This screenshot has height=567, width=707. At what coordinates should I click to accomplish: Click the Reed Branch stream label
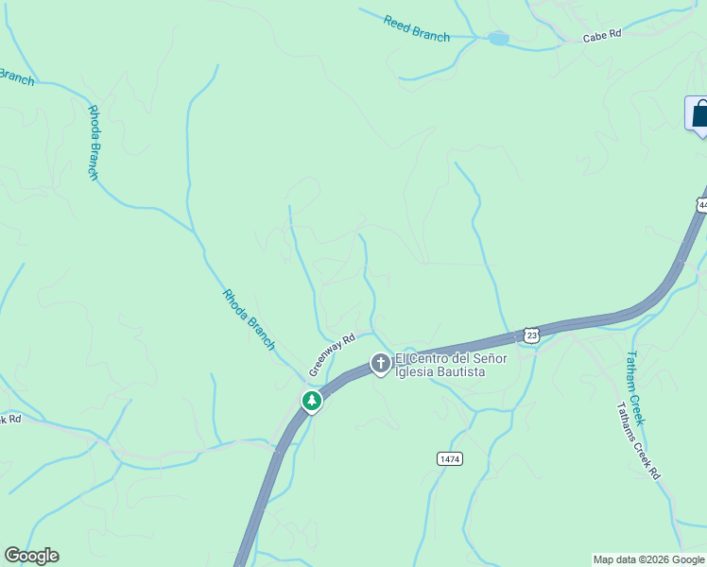(x=417, y=27)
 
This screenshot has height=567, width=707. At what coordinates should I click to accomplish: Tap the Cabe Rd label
(x=602, y=35)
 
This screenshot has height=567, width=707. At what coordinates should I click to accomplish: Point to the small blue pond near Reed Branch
(x=498, y=40)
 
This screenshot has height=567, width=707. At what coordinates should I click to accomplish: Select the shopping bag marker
(x=699, y=114)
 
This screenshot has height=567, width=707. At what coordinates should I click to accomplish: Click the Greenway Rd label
(x=331, y=352)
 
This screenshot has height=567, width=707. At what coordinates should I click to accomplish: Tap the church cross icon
(x=380, y=364)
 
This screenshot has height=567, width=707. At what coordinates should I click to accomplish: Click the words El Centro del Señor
(x=451, y=359)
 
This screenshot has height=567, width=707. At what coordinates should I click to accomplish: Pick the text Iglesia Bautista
(x=440, y=372)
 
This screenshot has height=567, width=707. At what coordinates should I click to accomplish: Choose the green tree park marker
(x=311, y=402)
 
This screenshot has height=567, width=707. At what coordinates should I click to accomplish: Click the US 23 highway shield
(x=532, y=335)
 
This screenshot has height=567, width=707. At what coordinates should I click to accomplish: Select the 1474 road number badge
(x=450, y=458)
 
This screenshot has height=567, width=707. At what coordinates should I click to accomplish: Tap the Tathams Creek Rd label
(x=638, y=441)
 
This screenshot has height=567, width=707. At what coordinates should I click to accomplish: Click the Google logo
(x=31, y=556)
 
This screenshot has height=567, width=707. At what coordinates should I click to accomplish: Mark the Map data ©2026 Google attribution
(x=649, y=559)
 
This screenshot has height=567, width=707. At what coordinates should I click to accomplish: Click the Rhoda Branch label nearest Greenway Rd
(x=249, y=319)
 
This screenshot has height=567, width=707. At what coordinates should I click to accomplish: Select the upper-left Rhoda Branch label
(x=94, y=142)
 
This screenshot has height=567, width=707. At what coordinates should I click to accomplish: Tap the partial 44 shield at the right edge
(x=701, y=203)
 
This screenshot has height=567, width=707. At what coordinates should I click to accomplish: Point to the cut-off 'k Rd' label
(x=10, y=419)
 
